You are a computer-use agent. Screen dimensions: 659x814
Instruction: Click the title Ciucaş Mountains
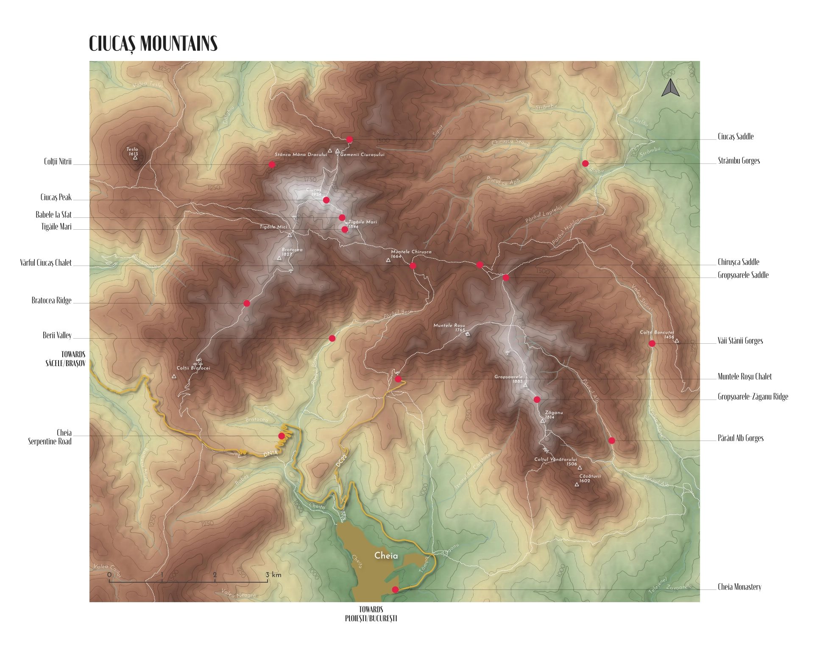pos(153,44)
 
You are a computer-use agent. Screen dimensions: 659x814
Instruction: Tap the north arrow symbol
pos(670,88)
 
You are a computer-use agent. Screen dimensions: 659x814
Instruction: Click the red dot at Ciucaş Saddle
pos(349,139)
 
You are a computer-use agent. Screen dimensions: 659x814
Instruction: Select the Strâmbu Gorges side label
pos(739,161)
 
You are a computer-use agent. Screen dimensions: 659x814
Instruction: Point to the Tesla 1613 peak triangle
pos(135,158)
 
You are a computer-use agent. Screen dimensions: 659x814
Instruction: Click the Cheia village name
pos(386,556)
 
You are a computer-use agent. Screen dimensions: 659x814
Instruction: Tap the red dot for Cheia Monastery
pos(395,589)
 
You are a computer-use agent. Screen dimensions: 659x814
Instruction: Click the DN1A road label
pos(270,454)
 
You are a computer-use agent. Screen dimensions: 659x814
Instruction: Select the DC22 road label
pos(341,461)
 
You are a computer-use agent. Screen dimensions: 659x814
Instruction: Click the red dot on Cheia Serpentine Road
pos(282,436)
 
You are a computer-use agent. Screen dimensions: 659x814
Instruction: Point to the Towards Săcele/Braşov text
pos(66,359)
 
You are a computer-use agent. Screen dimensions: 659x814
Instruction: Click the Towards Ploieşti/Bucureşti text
pos(371,614)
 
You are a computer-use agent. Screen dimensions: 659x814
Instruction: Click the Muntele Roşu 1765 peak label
pos(449,328)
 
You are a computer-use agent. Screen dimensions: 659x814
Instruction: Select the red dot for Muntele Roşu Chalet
pos(398,379)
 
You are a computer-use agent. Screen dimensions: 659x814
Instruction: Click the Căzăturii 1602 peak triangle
pos(577,484)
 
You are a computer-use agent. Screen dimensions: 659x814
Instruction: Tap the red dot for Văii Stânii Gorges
pos(652,344)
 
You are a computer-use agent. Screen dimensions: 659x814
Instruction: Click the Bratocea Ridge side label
pos(51,300)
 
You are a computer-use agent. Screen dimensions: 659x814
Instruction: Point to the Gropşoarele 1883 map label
pos(509,379)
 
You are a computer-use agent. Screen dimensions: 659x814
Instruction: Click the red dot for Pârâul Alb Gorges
pos(611,441)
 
